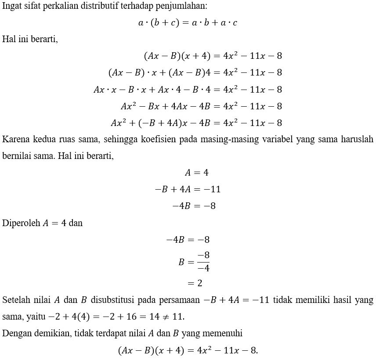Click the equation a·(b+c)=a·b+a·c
[188, 22]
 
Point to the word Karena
[14, 140]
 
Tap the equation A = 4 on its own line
[196, 173]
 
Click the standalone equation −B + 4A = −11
[188, 189]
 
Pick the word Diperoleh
[20, 223]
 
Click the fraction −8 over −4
[202, 262]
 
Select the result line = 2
[195, 283]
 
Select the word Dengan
[15, 333]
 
